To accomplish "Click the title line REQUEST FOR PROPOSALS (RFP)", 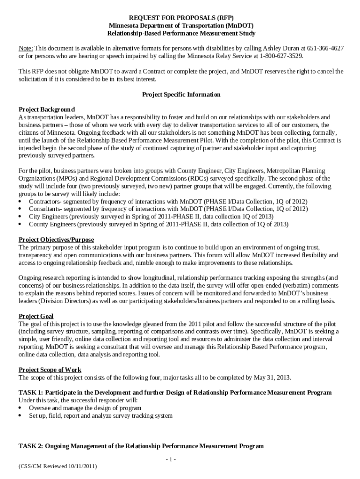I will pos(181,17).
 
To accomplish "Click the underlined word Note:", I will pos(26,48).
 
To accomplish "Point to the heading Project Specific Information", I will pos(181,94).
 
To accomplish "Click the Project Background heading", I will pos(47,109).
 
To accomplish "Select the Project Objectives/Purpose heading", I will pos(56,240).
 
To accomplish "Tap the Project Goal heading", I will pos(36,316).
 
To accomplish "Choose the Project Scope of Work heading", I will pos(50,370).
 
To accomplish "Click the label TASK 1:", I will pos(31,392).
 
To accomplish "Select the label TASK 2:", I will pos(31,446).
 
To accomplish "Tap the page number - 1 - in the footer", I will pos(171,459).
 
